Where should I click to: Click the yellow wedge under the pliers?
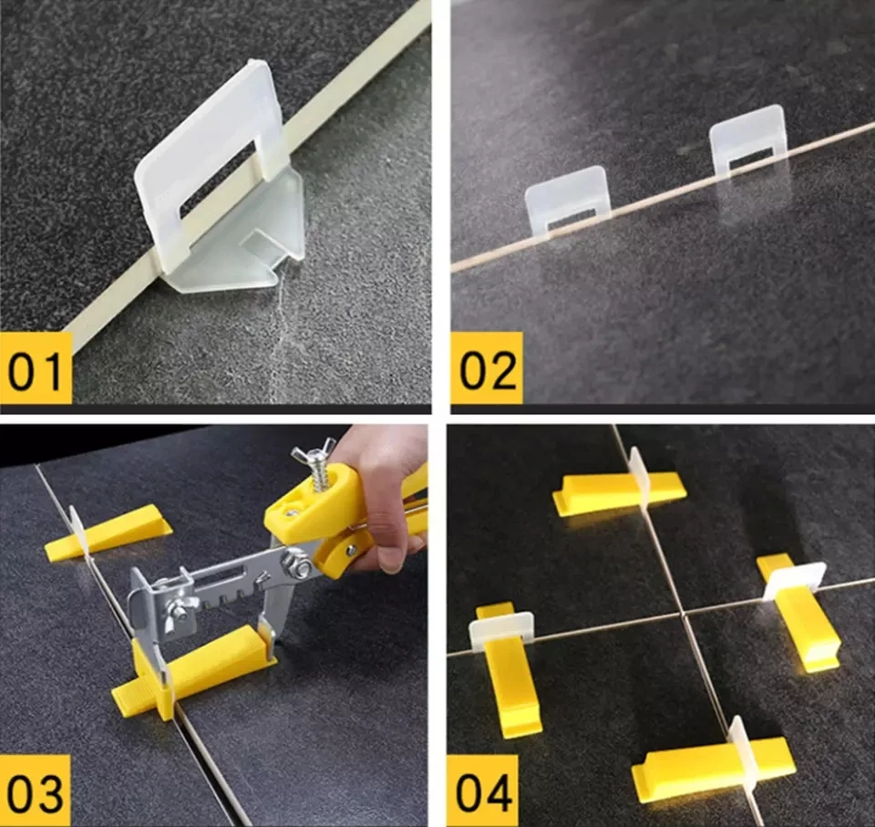coord(201,670)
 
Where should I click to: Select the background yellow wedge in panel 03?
coord(109,533)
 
